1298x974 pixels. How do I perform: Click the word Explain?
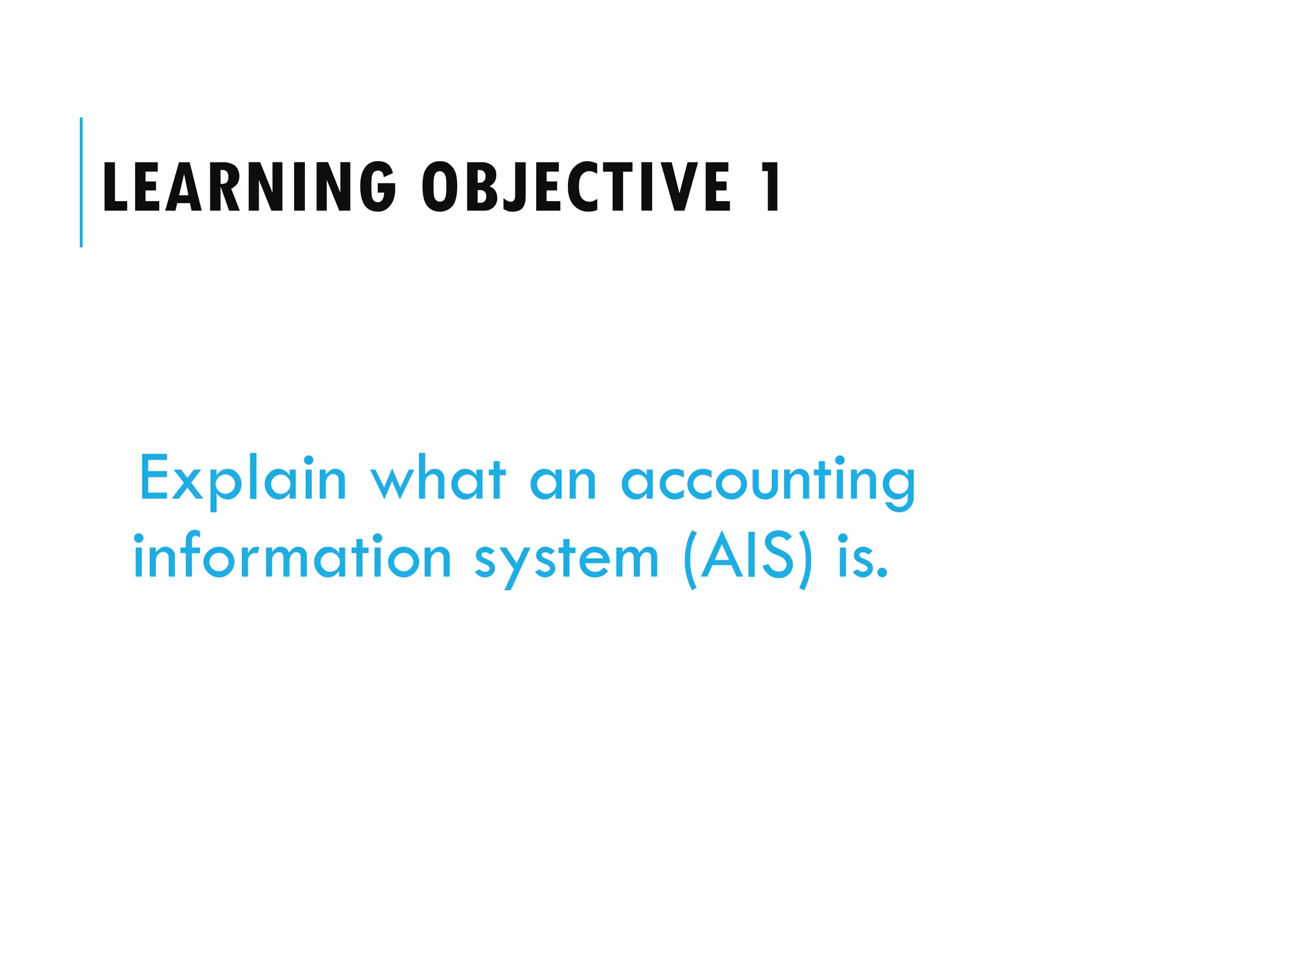pos(243,479)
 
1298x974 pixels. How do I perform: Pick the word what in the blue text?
pos(438,479)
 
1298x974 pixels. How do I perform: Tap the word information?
pos(292,557)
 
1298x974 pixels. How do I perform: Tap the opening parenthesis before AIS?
pos(691,559)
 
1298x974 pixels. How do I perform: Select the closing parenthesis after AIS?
pos(804,559)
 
